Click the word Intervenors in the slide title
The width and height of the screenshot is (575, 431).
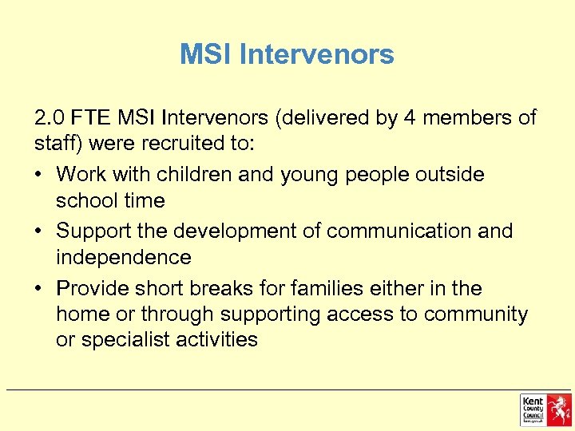(x=316, y=54)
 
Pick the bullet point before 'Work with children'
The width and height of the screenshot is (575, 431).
(x=42, y=174)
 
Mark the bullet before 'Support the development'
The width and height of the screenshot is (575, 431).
(x=42, y=231)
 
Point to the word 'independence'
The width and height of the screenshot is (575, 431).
(x=124, y=257)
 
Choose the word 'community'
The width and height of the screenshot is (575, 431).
(x=476, y=314)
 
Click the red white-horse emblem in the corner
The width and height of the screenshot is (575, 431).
(x=558, y=409)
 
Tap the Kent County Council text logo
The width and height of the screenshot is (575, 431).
(x=533, y=409)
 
